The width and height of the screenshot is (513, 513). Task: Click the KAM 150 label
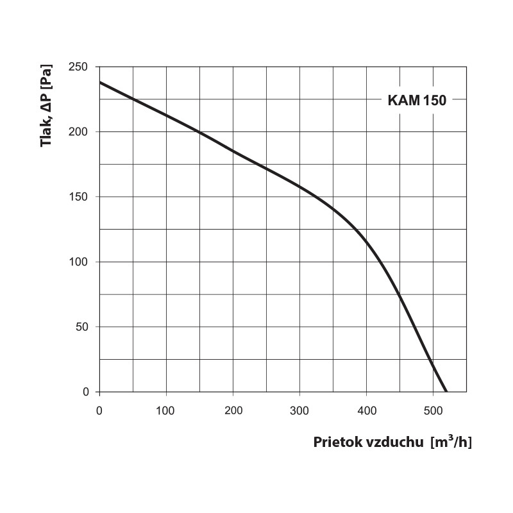tap(416, 100)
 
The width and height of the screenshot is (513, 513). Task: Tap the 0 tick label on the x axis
tap(99, 410)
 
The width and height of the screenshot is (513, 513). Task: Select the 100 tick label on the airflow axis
tap(166, 410)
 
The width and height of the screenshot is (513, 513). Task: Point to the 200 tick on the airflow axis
tap(233, 410)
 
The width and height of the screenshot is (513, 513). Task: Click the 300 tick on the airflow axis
tap(299, 410)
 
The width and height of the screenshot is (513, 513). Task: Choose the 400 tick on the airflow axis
tap(366, 410)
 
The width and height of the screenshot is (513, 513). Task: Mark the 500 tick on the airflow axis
tap(433, 410)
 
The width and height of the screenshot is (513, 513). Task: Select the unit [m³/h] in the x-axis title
tap(451, 442)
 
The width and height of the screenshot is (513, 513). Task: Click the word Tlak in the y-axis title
tap(46, 134)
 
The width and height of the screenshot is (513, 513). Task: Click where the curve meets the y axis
tap(100, 82)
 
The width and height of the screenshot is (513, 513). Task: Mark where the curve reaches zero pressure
tap(446, 391)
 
